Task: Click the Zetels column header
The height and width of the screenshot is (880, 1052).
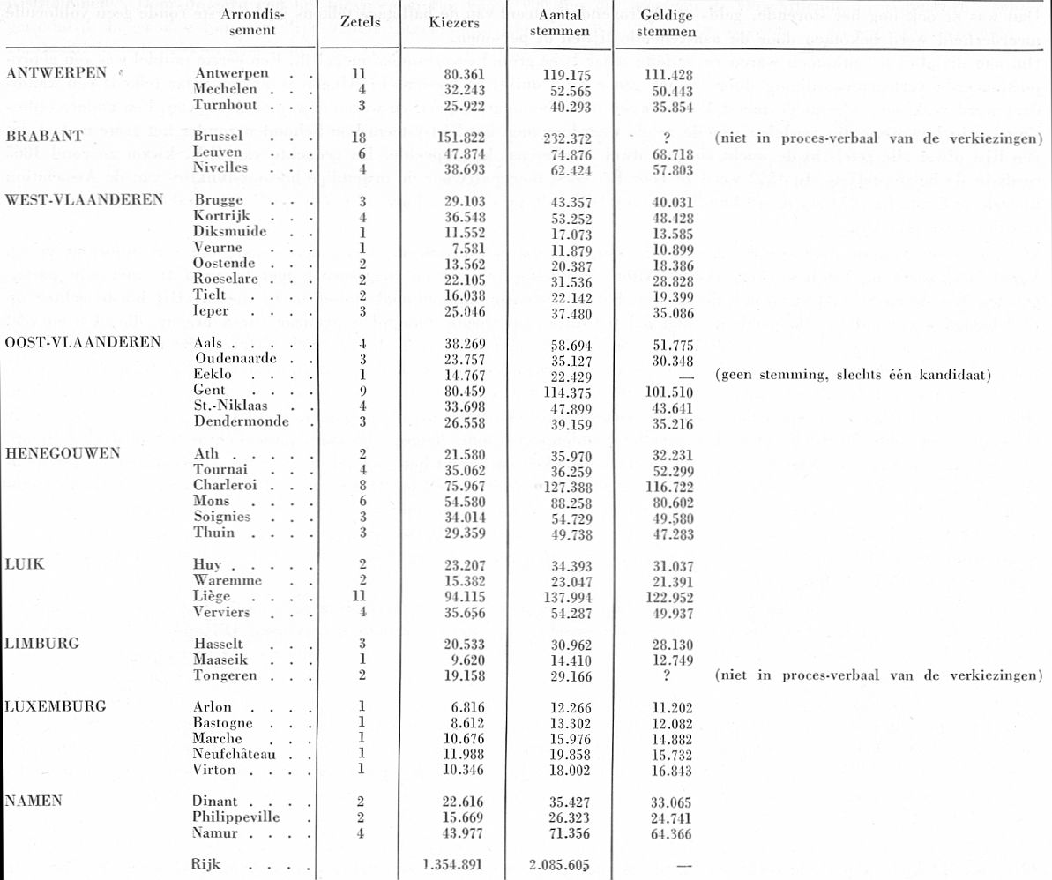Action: (x=360, y=24)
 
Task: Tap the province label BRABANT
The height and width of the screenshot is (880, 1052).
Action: (x=44, y=137)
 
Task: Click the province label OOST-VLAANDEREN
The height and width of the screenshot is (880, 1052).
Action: (x=82, y=343)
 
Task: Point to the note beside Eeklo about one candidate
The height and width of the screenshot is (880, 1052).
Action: (x=854, y=375)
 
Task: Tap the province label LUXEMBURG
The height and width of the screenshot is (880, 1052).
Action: (x=55, y=706)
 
